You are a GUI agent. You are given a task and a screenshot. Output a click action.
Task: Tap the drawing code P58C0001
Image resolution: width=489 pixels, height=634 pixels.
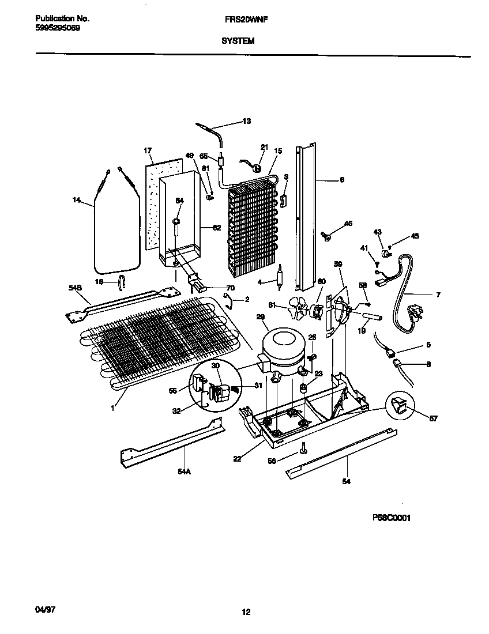coord(391,518)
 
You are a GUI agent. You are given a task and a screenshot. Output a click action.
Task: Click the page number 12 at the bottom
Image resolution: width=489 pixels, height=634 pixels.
coord(246,612)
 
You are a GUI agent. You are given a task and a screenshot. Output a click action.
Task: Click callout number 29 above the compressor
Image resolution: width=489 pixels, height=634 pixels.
coord(260,318)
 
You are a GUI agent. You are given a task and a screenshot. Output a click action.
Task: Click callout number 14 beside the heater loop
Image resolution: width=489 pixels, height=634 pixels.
coord(76,200)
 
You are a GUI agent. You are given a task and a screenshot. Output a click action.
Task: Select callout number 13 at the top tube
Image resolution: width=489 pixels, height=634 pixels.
coord(246,121)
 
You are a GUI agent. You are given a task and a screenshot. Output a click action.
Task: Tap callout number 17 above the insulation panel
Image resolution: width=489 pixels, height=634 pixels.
coord(148,150)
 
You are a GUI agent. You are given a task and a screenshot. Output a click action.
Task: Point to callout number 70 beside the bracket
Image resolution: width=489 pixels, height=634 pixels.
coord(231,288)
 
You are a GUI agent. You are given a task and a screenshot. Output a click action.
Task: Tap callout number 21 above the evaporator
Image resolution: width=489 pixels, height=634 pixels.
coord(265,147)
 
